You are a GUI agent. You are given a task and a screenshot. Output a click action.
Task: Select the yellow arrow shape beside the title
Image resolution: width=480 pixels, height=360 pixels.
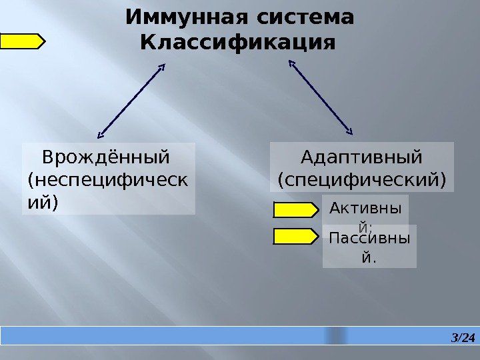(x=22, y=42)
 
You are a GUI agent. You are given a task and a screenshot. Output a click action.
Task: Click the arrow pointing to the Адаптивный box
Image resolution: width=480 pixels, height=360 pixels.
(x=321, y=95)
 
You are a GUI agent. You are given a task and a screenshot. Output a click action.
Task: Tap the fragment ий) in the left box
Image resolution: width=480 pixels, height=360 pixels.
(x=41, y=201)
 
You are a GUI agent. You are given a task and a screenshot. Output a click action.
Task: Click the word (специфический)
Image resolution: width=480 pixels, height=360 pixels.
(x=361, y=179)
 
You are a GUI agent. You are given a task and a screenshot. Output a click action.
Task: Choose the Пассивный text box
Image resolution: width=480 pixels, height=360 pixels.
(x=369, y=246)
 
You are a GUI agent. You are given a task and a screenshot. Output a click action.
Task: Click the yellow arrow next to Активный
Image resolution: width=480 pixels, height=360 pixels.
(x=296, y=211)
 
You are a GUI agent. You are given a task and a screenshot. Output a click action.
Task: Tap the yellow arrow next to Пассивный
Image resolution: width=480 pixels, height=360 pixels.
(x=296, y=235)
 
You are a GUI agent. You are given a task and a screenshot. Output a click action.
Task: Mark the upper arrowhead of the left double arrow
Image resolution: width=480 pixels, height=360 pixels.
(x=162, y=67)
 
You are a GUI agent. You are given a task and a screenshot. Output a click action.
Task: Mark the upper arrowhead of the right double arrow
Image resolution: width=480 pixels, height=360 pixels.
(x=291, y=63)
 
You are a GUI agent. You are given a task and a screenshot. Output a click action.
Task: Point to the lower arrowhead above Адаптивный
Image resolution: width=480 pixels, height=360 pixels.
(x=351, y=129)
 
